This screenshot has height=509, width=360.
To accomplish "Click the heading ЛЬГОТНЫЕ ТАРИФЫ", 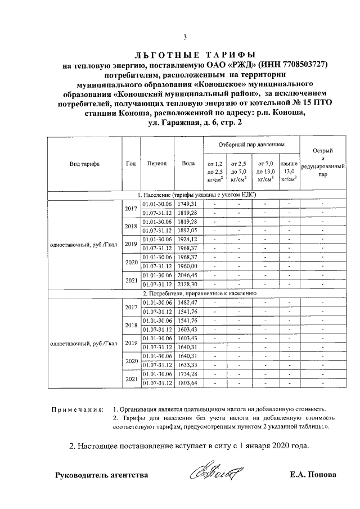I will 194,55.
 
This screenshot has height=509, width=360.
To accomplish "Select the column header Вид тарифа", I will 84,164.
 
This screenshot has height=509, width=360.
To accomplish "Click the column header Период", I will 157,164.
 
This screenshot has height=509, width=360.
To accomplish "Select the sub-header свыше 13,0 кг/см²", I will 289,171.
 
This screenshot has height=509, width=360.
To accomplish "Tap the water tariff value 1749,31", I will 186,203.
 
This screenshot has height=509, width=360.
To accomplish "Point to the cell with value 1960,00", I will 186,266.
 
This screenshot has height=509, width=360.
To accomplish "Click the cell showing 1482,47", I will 186,303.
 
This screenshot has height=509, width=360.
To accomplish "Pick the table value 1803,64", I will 186,384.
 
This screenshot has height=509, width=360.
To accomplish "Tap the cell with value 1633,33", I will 186,364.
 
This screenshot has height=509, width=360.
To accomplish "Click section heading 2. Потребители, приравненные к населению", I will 200,294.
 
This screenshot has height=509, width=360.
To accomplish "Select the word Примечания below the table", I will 75,409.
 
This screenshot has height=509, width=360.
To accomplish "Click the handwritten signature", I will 216,472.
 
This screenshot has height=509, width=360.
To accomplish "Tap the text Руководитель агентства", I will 101,475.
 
